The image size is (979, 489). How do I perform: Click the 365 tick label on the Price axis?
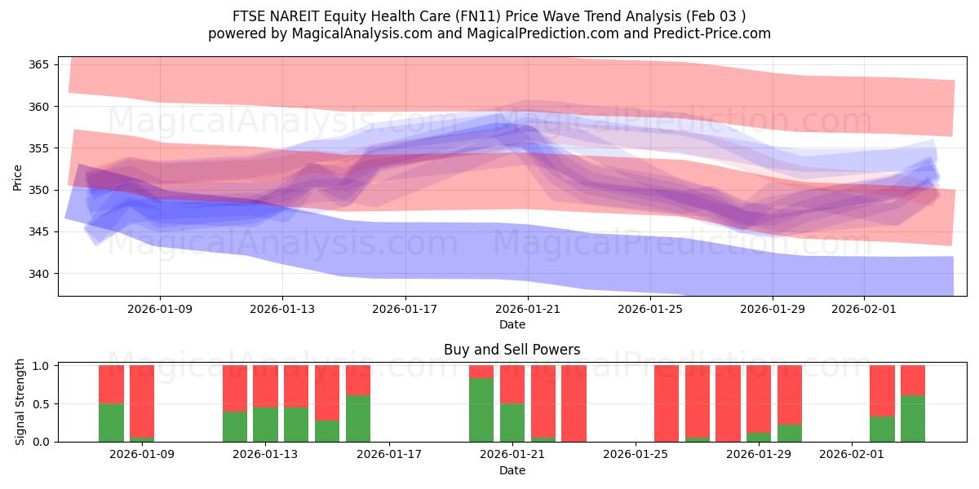tap(42, 64)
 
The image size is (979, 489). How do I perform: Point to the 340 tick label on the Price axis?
tap(42, 274)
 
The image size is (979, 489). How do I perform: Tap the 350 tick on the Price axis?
tap(42, 190)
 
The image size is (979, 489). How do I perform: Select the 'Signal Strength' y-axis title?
tap(20, 403)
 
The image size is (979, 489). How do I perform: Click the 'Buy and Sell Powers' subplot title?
tap(512, 350)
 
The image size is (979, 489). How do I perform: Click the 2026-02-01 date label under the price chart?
tap(864, 309)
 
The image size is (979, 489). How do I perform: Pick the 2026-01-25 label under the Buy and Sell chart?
tap(634, 455)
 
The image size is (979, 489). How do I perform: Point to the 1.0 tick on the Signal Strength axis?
tap(41, 365)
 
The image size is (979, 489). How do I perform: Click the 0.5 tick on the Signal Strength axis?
tap(41, 403)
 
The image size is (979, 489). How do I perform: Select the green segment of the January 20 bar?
tap(481, 410)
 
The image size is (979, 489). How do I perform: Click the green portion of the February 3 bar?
tap(913, 418)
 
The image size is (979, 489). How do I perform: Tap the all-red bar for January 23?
tap(574, 403)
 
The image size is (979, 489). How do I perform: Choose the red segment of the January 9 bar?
tap(142, 400)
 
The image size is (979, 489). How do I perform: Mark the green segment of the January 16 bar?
tap(358, 418)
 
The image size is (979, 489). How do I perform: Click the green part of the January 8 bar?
tap(111, 422)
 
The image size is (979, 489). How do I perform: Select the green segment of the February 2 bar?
tap(882, 429)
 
